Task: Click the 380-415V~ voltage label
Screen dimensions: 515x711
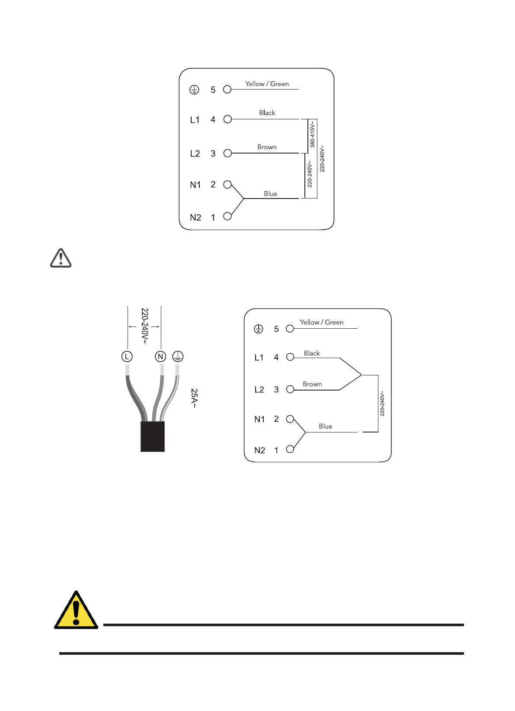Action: pos(313,134)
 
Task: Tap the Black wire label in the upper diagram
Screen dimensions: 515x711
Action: pos(267,113)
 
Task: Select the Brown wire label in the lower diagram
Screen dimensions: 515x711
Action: pos(312,384)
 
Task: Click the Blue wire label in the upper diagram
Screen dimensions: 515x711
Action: pos(271,194)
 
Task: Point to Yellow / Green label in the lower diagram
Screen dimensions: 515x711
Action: pos(322,322)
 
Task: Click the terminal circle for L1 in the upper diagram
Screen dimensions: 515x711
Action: pos(227,119)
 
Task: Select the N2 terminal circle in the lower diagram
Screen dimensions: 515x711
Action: pos(290,449)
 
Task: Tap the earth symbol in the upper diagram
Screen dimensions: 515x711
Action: pos(195,90)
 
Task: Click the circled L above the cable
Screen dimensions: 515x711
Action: pos(127,356)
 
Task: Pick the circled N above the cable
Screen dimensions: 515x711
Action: pos(160,356)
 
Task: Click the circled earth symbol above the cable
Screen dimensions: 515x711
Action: pos(178,356)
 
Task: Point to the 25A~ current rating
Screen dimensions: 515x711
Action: pos(194,398)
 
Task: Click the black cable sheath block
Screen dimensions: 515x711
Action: pos(153,436)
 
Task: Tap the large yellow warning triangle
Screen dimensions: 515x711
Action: pos(76,611)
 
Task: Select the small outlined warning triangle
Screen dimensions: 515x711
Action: pos(61,258)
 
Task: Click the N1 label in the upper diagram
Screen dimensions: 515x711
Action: pos(195,185)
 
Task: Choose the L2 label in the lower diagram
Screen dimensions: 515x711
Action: pos(259,390)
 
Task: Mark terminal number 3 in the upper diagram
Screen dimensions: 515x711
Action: pos(213,154)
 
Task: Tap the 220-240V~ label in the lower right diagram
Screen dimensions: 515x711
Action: pos(382,404)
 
